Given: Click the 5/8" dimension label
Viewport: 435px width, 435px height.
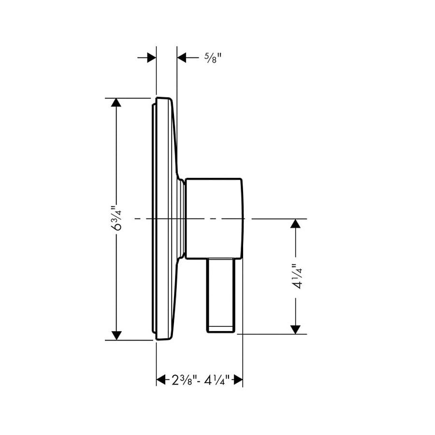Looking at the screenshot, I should pyautogui.click(x=212, y=58).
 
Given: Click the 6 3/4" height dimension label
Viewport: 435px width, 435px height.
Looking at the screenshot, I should pyautogui.click(x=116, y=219).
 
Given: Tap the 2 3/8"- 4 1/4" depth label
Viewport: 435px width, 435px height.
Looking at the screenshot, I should pyautogui.click(x=199, y=380).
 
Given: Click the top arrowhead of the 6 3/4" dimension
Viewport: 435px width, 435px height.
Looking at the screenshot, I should pyautogui.click(x=116, y=103).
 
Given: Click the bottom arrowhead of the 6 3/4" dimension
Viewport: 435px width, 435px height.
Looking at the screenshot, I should pyautogui.click(x=116, y=335).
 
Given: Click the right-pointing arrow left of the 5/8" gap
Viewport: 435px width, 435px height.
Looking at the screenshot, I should pyautogui.click(x=151, y=58).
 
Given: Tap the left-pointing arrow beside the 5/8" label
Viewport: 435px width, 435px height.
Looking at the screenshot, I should pyautogui.click(x=182, y=58).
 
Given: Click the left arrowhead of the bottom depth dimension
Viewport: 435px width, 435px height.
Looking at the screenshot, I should pyautogui.click(x=161, y=380).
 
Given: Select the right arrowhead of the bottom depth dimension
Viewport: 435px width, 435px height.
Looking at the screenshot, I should pyautogui.click(x=237, y=380).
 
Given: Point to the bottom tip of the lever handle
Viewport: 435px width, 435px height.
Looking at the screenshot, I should pyautogui.click(x=221, y=331).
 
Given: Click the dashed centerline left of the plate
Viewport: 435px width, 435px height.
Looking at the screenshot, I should pyautogui.click(x=143, y=219).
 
